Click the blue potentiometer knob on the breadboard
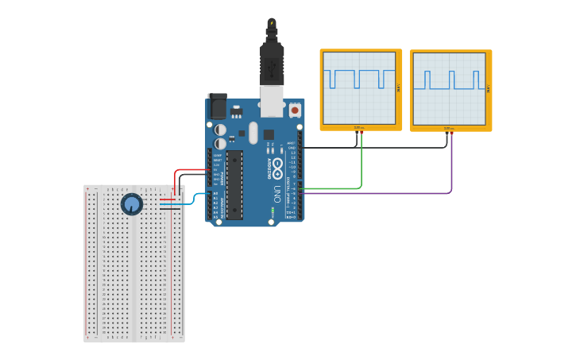131,204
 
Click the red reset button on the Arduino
295,110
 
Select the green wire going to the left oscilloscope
361,167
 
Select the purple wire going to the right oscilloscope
451,171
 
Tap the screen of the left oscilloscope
359,87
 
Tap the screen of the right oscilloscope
449,87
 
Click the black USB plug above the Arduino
272,64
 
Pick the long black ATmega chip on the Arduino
234,185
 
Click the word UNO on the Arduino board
277,193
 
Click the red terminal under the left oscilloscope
361,134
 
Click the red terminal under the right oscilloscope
451,134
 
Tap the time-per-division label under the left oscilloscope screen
358,127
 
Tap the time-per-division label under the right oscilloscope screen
448,127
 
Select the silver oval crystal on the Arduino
253,133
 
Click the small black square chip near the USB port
269,134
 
